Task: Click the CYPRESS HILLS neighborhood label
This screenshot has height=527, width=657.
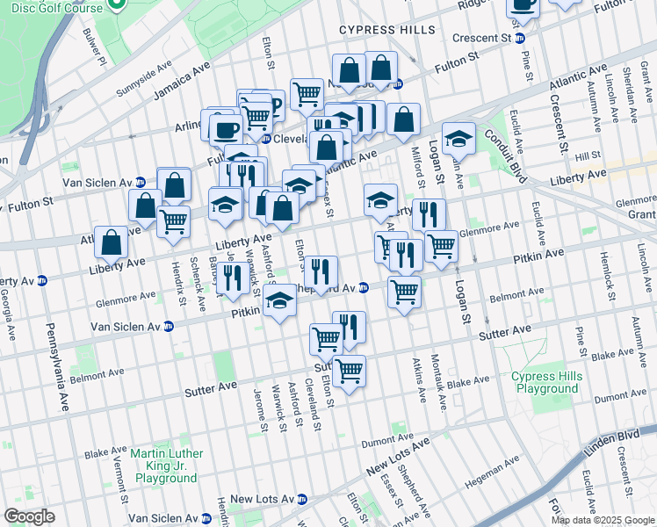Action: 387,30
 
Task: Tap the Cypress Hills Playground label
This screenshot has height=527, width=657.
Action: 547,383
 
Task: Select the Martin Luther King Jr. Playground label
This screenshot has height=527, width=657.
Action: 164,466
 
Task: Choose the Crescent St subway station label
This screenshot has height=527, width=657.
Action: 482,39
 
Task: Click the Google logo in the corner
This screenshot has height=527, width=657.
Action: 29,516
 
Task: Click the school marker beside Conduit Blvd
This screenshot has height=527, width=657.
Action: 458,139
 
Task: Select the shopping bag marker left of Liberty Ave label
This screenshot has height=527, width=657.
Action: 112,243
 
